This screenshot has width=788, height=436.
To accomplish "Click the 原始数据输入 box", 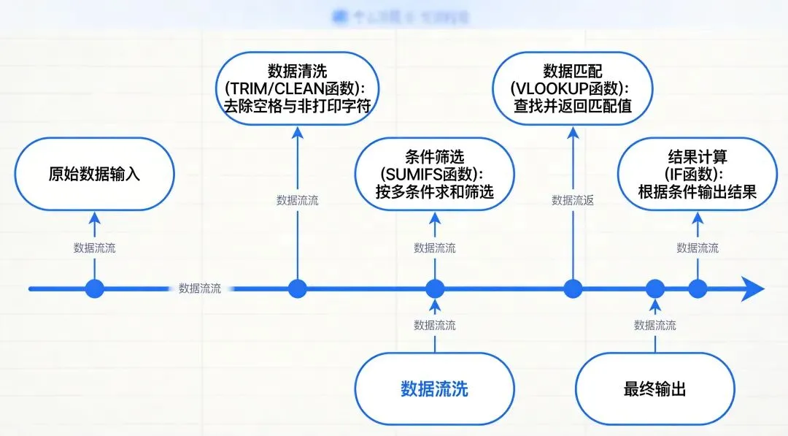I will [x=94, y=175].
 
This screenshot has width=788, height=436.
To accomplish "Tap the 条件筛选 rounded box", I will [x=435, y=175].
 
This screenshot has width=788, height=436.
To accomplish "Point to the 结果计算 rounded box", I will [x=697, y=175].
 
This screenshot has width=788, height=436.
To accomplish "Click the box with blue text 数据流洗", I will [x=435, y=389].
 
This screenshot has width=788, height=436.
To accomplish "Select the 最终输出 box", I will [x=654, y=389].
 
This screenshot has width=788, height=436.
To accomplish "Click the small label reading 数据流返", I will [x=573, y=200].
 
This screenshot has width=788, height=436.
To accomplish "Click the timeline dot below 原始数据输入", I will [x=94, y=288].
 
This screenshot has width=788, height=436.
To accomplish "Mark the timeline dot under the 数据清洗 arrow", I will [x=297, y=288].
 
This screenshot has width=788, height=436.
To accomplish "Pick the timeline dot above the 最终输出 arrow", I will [x=654, y=288].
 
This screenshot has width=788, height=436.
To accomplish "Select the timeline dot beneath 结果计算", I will [x=698, y=288].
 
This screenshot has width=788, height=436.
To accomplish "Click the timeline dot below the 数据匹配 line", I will [x=573, y=288].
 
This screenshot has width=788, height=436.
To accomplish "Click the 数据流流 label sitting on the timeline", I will [x=200, y=288].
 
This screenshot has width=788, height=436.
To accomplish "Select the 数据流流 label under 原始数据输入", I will [x=94, y=248].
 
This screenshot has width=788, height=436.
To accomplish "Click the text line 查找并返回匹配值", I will [x=573, y=107].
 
